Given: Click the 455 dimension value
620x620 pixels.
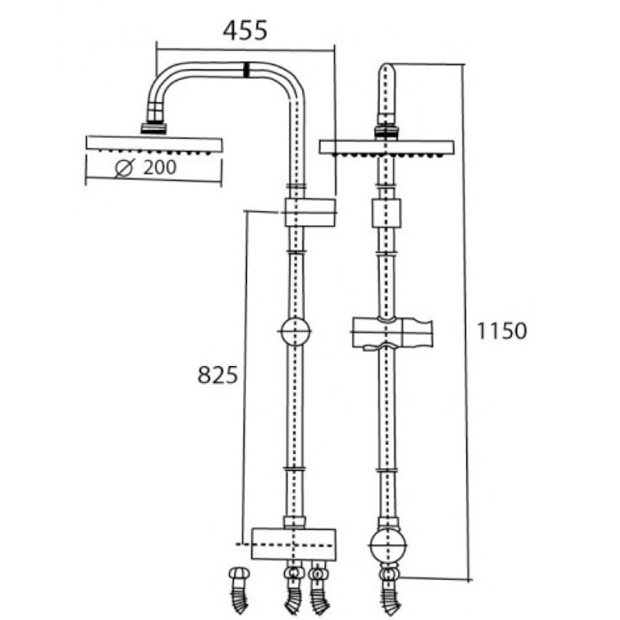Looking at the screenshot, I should pyautogui.click(x=245, y=31).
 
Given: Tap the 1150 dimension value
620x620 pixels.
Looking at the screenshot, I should pyautogui.click(x=503, y=331).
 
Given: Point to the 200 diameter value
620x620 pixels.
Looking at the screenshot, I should pyautogui.click(x=159, y=168).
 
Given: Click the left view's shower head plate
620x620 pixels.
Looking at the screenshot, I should pyautogui.click(x=155, y=143).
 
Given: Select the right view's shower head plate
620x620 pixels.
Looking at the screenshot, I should pyautogui.click(x=386, y=147).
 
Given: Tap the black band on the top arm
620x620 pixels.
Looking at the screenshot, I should pyautogui.click(x=246, y=70).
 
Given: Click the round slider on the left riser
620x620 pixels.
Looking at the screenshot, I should pyautogui.click(x=294, y=332).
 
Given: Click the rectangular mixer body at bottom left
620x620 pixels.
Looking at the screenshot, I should pyautogui.click(x=293, y=543).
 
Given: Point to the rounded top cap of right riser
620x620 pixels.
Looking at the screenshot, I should pyautogui.click(x=386, y=72).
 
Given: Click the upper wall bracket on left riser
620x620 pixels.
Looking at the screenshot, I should pyautogui.click(x=309, y=213).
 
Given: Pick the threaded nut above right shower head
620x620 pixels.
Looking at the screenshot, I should pyautogui.click(x=386, y=131).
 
